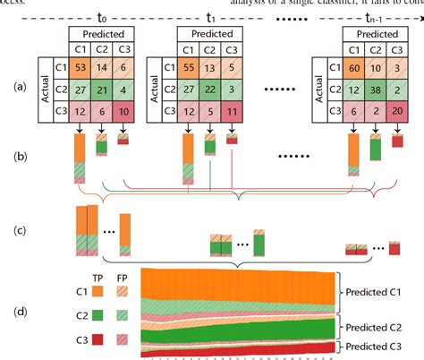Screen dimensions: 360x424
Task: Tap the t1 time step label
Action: (211, 14)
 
